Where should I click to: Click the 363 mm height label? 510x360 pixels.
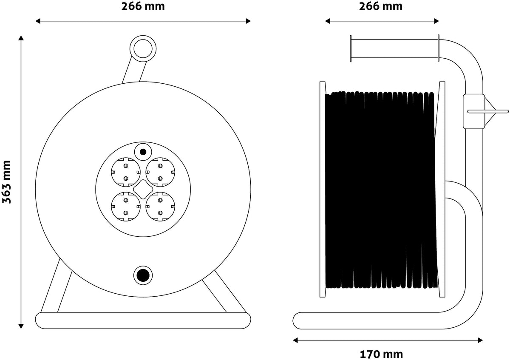6,182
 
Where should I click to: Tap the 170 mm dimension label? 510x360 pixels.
381,354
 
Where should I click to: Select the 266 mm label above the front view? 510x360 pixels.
143,6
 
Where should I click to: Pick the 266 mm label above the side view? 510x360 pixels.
381,6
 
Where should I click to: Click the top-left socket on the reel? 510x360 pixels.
126,172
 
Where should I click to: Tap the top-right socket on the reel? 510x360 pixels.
160,172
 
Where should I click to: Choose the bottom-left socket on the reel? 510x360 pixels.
126,207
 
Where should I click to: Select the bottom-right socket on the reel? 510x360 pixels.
160,207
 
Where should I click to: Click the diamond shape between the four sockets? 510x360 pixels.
143,190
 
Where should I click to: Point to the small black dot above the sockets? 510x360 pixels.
143,152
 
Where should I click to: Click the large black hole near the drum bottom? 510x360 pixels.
143,275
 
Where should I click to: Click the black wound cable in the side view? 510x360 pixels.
381,190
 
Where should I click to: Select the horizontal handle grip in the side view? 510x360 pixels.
394,48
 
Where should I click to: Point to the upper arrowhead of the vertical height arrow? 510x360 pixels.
21,38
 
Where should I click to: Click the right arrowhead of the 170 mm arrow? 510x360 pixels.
480,340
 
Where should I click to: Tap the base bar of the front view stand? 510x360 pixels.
143,320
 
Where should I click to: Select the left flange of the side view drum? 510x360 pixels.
323,189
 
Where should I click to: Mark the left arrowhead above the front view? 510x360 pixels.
38,21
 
